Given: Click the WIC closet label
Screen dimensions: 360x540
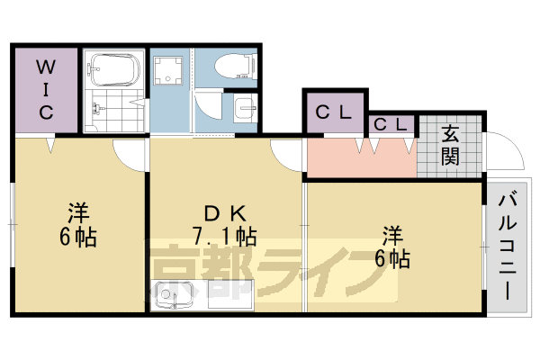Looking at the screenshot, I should pyautogui.click(x=46, y=90).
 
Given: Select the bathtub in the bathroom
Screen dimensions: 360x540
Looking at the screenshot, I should pyautogui.click(x=114, y=69).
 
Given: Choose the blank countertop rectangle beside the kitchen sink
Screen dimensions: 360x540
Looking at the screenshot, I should pyautogui.click(x=229, y=294).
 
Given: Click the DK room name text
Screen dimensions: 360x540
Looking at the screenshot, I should pyautogui.click(x=224, y=214).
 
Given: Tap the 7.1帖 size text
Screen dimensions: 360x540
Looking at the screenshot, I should pyautogui.click(x=224, y=238).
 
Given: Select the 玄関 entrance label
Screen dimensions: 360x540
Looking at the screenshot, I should pyautogui.click(x=450, y=145).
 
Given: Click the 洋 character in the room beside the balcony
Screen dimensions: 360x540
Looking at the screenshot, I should pyautogui.click(x=393, y=237).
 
